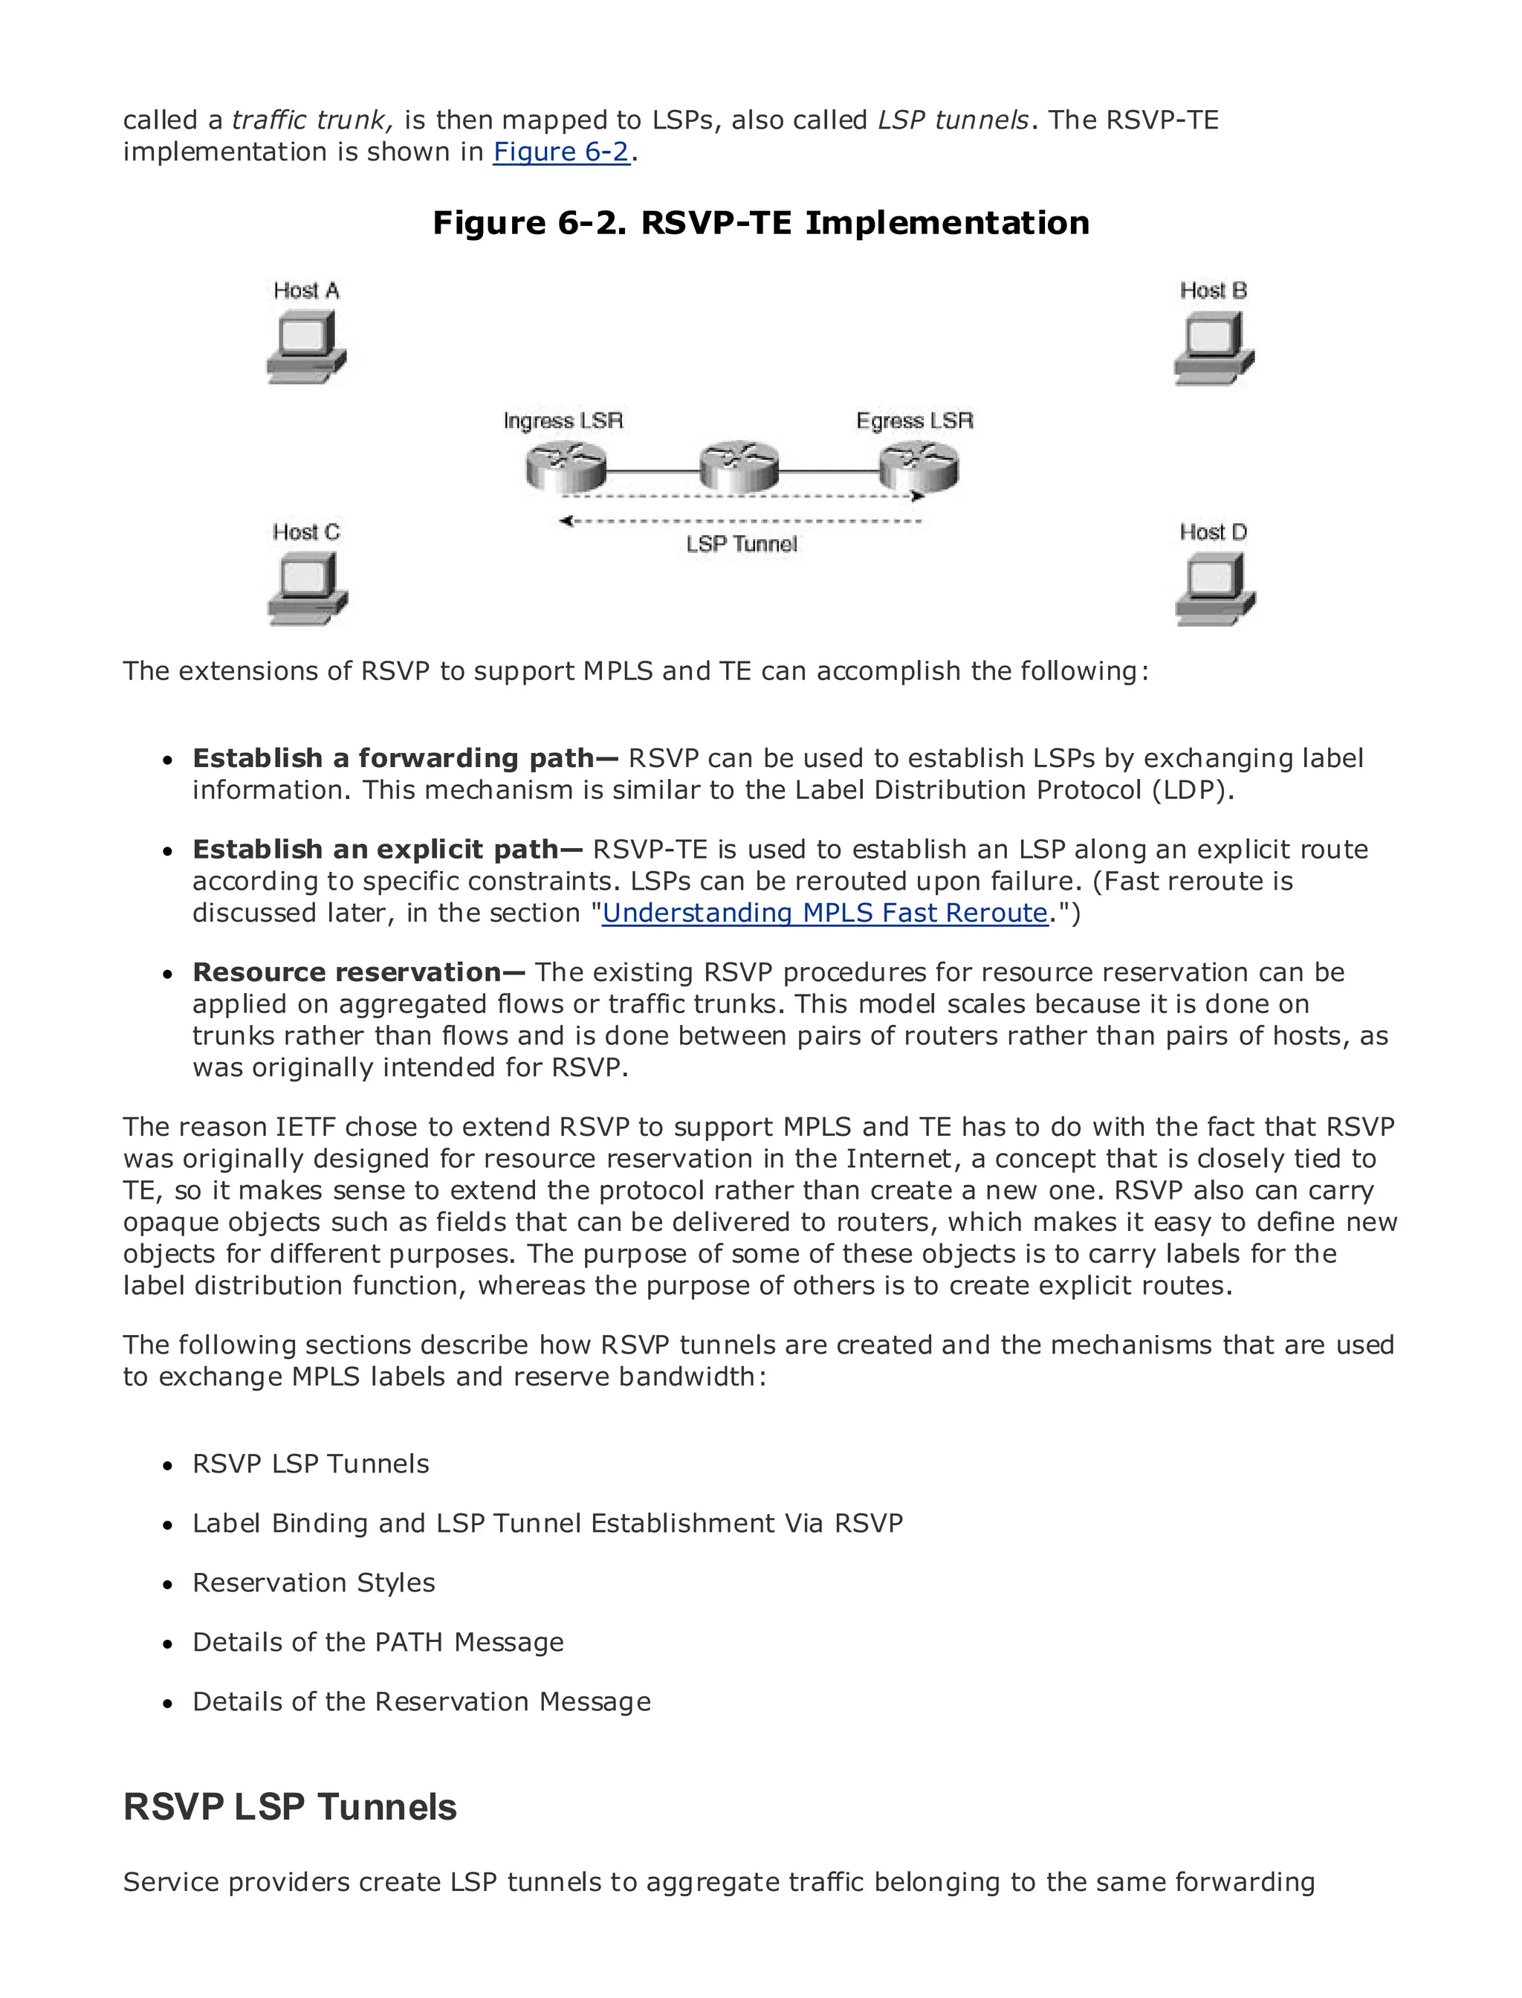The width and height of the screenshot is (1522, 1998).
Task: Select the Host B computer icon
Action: click(x=1213, y=349)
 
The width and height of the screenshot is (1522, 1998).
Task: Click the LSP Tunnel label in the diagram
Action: click(x=741, y=543)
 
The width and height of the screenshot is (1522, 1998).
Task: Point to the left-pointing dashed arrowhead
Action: click(x=566, y=521)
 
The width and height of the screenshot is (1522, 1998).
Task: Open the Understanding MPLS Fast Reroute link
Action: click(x=824, y=913)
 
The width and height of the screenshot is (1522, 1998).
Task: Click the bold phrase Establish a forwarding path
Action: click(x=405, y=757)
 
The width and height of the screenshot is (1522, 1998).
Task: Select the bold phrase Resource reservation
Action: click(x=358, y=972)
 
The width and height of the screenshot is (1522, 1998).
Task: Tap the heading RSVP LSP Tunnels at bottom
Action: click(x=289, y=1806)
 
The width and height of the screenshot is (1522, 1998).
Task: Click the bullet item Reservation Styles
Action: click(x=314, y=1582)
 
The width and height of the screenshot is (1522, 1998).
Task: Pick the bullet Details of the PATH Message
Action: click(x=378, y=1642)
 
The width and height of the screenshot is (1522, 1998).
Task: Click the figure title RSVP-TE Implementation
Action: click(x=760, y=223)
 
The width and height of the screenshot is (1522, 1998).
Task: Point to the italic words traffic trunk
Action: click(x=311, y=120)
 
